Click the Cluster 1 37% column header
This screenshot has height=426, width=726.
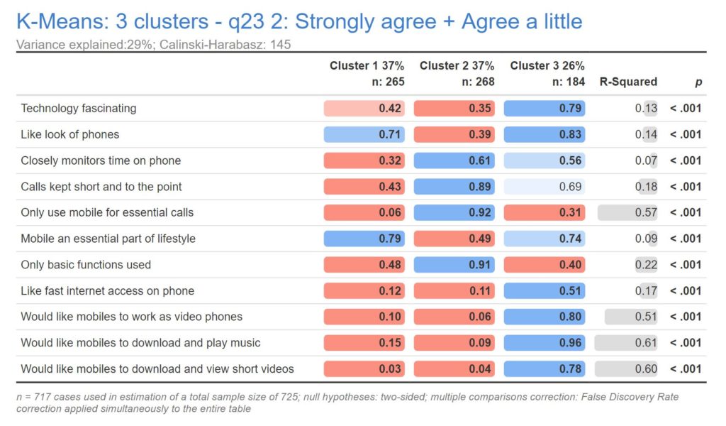(x=367, y=66)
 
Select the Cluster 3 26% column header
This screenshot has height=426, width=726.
(x=547, y=66)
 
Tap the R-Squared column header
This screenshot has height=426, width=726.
(x=628, y=82)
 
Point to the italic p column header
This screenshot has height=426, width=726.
(x=698, y=82)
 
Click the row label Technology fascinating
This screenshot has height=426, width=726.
(x=78, y=109)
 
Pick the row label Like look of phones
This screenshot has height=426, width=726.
(x=69, y=134)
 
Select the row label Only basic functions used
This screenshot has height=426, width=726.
(x=85, y=265)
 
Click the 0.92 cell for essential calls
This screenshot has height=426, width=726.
(x=454, y=212)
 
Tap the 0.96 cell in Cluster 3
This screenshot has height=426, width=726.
(x=544, y=343)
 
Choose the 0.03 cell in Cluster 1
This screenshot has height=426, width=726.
(x=364, y=368)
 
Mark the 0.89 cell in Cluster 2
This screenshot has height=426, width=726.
(x=454, y=187)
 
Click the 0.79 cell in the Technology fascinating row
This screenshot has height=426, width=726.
(x=544, y=109)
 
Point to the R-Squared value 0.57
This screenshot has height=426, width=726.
(x=628, y=212)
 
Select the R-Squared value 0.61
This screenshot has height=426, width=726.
(x=627, y=343)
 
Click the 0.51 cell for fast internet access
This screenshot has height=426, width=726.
(x=544, y=290)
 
